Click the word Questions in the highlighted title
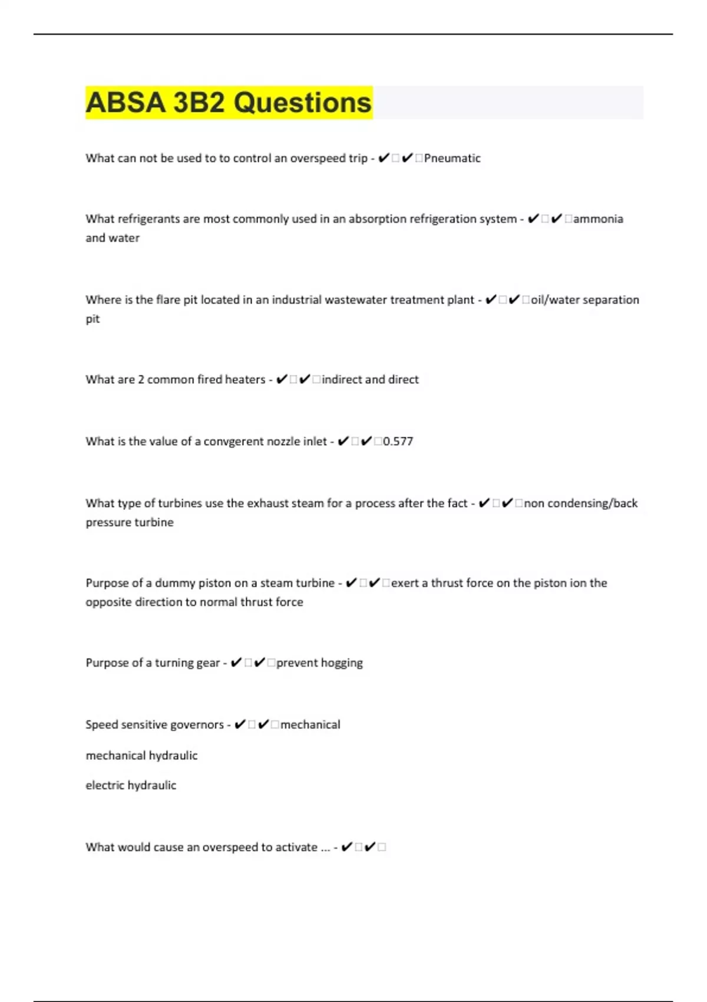(x=302, y=103)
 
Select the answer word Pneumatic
(x=452, y=158)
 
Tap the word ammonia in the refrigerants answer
(x=597, y=219)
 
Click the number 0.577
(x=398, y=441)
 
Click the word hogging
(x=341, y=663)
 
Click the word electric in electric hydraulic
(x=105, y=785)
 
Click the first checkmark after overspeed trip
(x=384, y=158)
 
